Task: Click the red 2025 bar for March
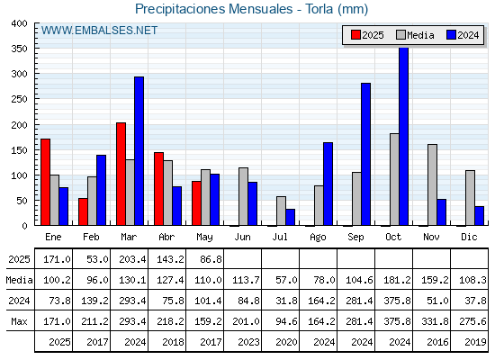click(121, 174)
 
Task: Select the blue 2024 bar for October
click(404, 136)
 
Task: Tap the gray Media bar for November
click(432, 184)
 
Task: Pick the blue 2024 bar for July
click(290, 217)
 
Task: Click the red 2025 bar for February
click(83, 211)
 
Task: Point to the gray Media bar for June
click(243, 196)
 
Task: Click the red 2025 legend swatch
click(355, 35)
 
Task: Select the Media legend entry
click(415, 35)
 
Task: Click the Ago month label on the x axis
click(318, 238)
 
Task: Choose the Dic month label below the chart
click(469, 237)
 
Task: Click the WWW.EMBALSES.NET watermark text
click(99, 31)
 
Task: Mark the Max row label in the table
click(19, 321)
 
